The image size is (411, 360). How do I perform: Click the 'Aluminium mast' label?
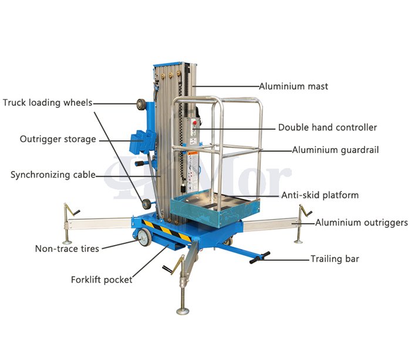coord(294,86)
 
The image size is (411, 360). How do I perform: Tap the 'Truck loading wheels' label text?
coord(48,103)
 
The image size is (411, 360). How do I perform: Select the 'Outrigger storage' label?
coord(58,139)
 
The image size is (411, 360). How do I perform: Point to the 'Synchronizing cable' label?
coord(53,175)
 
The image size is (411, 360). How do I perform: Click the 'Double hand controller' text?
coord(328,127)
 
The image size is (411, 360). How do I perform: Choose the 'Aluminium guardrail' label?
coord(335,150)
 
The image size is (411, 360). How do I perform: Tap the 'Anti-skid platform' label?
coord(320,195)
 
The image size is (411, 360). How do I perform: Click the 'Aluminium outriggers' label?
coord(362,223)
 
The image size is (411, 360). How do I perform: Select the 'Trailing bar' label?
coord(335,259)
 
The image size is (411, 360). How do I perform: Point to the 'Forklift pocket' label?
coord(102,280)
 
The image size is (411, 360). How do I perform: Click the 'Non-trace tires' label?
coord(67,248)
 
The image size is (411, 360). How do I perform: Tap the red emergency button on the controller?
coord(194,123)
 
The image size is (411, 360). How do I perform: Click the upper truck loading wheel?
coord(141,104)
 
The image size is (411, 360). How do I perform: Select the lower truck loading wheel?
coord(146,204)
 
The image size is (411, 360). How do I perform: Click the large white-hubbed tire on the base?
coord(144,237)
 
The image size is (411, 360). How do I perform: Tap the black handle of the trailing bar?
coord(260,258)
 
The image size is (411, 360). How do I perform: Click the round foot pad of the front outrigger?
coord(183,311)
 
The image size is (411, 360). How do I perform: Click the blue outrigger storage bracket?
coord(142,142)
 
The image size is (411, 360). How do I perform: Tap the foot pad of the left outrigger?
coord(67,242)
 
